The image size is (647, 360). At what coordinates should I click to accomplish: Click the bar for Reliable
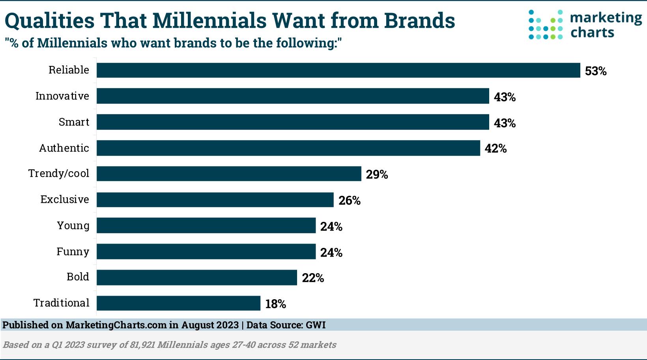(x=338, y=70)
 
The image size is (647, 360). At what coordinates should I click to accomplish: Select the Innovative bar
(x=293, y=96)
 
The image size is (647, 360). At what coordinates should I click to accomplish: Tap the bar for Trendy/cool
(x=229, y=174)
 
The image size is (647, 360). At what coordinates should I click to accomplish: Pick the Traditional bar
(x=178, y=303)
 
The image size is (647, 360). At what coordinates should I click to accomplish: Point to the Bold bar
(x=196, y=277)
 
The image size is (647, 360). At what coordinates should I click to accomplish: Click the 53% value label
(x=595, y=71)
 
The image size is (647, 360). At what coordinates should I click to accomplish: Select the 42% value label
(x=496, y=148)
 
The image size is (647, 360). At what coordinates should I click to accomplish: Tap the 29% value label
(x=377, y=174)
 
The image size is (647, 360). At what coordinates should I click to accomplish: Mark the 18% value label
(x=275, y=304)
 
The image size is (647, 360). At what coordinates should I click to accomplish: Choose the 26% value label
(x=350, y=201)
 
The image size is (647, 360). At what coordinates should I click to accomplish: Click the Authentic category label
(x=64, y=148)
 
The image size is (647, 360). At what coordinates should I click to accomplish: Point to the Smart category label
(x=74, y=122)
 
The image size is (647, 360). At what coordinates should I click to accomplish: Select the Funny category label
(x=73, y=251)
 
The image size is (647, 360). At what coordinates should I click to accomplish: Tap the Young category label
(x=73, y=225)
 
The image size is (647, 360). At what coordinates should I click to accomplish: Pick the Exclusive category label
(x=65, y=199)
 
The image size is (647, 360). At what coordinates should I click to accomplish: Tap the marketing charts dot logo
(x=546, y=24)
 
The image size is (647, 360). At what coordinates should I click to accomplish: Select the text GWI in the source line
(x=316, y=325)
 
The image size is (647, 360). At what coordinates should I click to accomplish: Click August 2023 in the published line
(x=210, y=325)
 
